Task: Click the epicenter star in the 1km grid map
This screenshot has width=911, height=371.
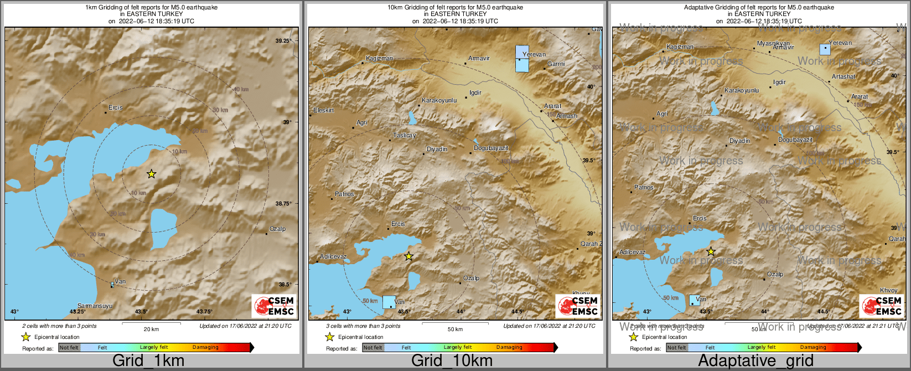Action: (x=152, y=174)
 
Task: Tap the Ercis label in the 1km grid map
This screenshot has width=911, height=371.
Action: (x=115, y=107)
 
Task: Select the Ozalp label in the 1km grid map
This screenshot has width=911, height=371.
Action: (x=277, y=229)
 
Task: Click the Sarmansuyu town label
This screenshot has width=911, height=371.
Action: (x=95, y=306)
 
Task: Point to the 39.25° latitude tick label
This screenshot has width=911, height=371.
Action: (x=283, y=41)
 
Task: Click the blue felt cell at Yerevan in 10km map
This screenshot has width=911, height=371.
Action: (x=522, y=59)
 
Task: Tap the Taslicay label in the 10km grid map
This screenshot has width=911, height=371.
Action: (x=404, y=136)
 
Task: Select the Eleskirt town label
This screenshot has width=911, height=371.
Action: (x=324, y=111)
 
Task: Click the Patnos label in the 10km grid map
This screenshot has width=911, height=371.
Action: (x=344, y=194)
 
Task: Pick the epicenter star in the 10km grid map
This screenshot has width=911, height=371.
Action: (x=408, y=256)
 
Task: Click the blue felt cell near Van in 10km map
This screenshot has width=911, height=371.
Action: (x=390, y=302)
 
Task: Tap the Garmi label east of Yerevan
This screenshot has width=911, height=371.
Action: (x=556, y=64)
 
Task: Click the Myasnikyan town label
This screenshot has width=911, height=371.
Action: (x=773, y=43)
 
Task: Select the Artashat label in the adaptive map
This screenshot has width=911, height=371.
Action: (x=843, y=77)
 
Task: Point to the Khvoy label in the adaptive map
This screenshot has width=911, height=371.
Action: (x=889, y=290)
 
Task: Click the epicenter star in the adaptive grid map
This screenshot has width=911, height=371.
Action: (x=711, y=252)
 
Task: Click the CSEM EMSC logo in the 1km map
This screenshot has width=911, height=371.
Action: (x=274, y=306)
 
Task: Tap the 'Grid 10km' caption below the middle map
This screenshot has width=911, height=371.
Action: (x=452, y=361)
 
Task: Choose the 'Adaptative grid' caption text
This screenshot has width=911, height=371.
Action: (x=755, y=361)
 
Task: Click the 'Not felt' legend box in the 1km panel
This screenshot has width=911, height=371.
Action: (x=69, y=348)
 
